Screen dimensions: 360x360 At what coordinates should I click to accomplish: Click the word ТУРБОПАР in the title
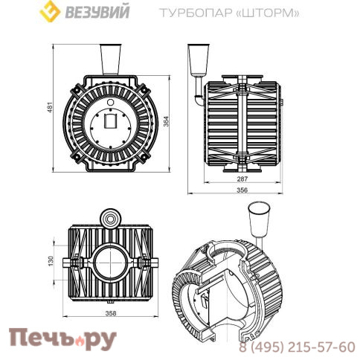click(190, 13)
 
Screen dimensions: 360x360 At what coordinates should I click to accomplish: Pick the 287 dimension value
click(242, 180)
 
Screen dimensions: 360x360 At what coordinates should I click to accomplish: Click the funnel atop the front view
click(111, 59)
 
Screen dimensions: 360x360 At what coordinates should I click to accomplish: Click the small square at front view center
click(112, 120)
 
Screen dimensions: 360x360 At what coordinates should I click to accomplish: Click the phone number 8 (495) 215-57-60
click(296, 347)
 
